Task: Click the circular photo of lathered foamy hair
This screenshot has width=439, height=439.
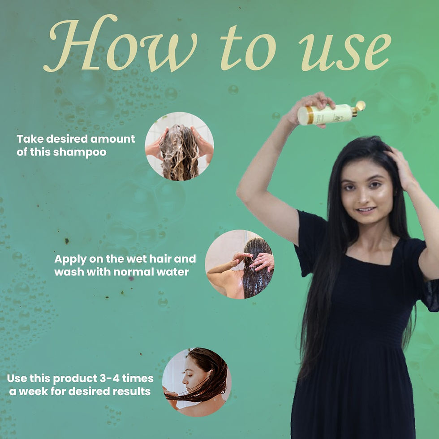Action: [x=179, y=146]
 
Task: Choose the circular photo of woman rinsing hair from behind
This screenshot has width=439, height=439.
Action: [x=239, y=264]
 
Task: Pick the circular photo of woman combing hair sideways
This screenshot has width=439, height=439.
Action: [x=197, y=382]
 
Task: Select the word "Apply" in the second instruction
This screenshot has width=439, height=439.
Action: [x=69, y=259]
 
